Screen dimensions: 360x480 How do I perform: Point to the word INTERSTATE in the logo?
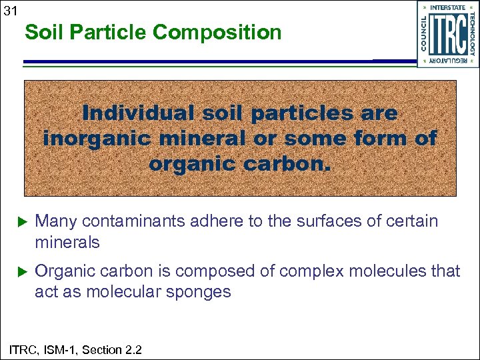click(x=448, y=7)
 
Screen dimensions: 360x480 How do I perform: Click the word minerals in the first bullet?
click(x=67, y=243)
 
